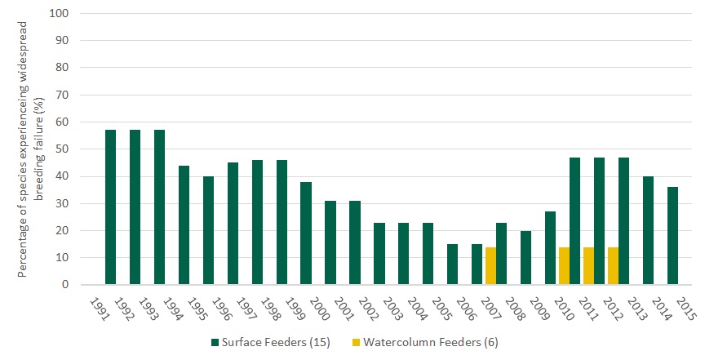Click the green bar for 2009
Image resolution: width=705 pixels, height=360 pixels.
point(526,257)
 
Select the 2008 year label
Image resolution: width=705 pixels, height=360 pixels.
point(513,307)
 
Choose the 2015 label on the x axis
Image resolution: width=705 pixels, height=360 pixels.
point(684,307)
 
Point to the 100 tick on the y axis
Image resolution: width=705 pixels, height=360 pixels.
point(60,14)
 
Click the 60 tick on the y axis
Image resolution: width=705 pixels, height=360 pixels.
point(63,122)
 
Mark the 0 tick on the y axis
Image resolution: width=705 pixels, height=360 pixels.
point(66,285)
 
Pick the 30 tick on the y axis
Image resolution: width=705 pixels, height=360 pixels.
point(63,203)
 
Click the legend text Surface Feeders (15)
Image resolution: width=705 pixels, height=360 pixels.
point(276,343)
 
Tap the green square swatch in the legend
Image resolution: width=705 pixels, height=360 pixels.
point(215,343)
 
